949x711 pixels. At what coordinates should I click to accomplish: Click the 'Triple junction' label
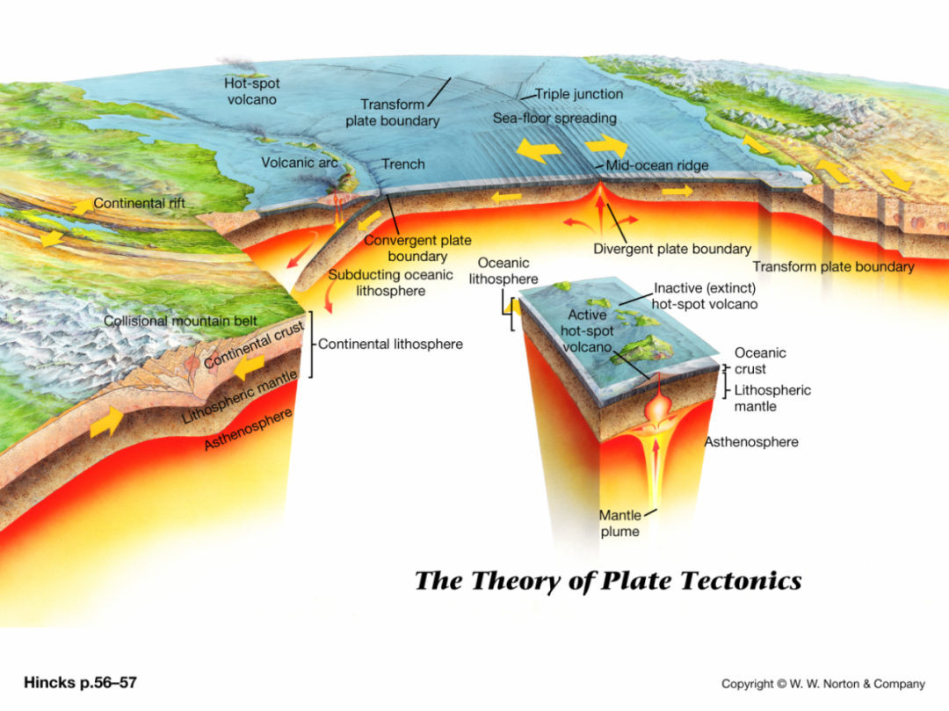click(579, 94)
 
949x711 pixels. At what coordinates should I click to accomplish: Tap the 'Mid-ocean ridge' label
click(657, 165)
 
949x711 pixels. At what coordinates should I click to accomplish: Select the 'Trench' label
click(403, 164)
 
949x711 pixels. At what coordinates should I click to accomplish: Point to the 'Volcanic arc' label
click(300, 163)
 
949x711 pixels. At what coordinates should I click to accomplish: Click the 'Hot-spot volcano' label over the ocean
click(252, 91)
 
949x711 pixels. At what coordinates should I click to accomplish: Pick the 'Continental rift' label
click(139, 203)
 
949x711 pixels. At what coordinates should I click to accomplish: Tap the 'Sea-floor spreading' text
click(555, 119)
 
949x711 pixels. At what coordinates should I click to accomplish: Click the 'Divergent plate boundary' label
click(672, 249)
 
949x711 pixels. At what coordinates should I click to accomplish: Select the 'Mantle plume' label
click(619, 524)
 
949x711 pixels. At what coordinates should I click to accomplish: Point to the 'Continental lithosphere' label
click(390, 345)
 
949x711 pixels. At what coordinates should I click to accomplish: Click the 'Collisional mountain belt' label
click(180, 321)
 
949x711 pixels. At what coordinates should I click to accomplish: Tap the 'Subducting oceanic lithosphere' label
click(390, 283)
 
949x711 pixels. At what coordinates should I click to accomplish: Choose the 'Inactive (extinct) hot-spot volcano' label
click(705, 296)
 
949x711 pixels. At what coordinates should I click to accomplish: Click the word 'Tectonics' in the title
click(742, 581)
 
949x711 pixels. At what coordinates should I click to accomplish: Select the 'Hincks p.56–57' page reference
click(81, 683)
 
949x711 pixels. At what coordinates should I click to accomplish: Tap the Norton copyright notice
click(823, 684)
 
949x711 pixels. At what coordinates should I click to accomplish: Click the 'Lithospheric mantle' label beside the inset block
click(772, 398)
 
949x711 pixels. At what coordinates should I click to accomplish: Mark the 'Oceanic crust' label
click(760, 360)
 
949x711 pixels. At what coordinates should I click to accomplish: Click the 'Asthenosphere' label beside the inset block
click(751, 442)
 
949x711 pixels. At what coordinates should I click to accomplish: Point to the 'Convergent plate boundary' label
click(417, 248)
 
